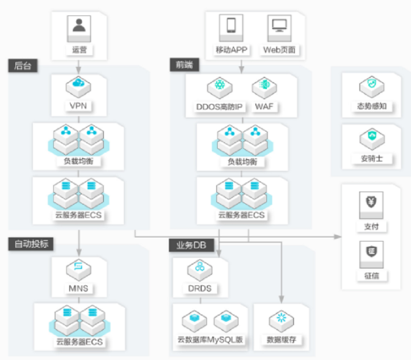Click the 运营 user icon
pos(79,29)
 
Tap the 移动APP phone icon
pos(231,28)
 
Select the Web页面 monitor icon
pos(279,28)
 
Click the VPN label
pos(78,106)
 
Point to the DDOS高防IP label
pos(220,107)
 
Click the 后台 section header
pos(23,66)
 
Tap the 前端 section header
pos(185,64)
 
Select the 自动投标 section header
pos(31,244)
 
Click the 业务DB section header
pos(191,245)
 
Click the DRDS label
pos(200,289)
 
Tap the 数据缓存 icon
pos(281,321)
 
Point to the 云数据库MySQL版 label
pos(210,340)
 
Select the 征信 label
pos(372,276)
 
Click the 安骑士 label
pos(372,159)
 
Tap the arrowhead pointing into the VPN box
pos(78,70)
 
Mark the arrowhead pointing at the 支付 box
pos(338,237)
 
